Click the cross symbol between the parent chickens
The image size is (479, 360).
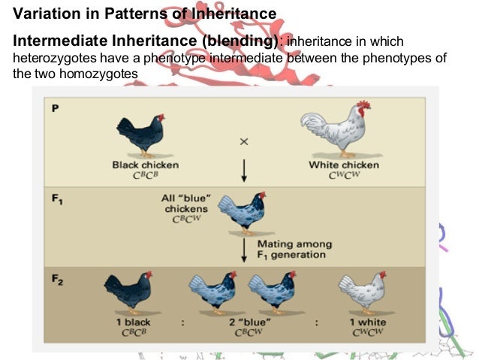click(244, 141)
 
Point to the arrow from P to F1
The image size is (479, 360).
click(244, 170)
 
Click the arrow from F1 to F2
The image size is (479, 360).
click(244, 249)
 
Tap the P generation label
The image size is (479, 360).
click(55, 108)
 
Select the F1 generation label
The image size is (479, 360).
click(57, 201)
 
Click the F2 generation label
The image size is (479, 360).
click(57, 279)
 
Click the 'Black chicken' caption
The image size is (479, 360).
click(146, 165)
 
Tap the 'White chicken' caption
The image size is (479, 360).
click(344, 165)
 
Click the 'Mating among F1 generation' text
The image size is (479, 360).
click(294, 249)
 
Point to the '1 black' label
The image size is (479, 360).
click(133, 322)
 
